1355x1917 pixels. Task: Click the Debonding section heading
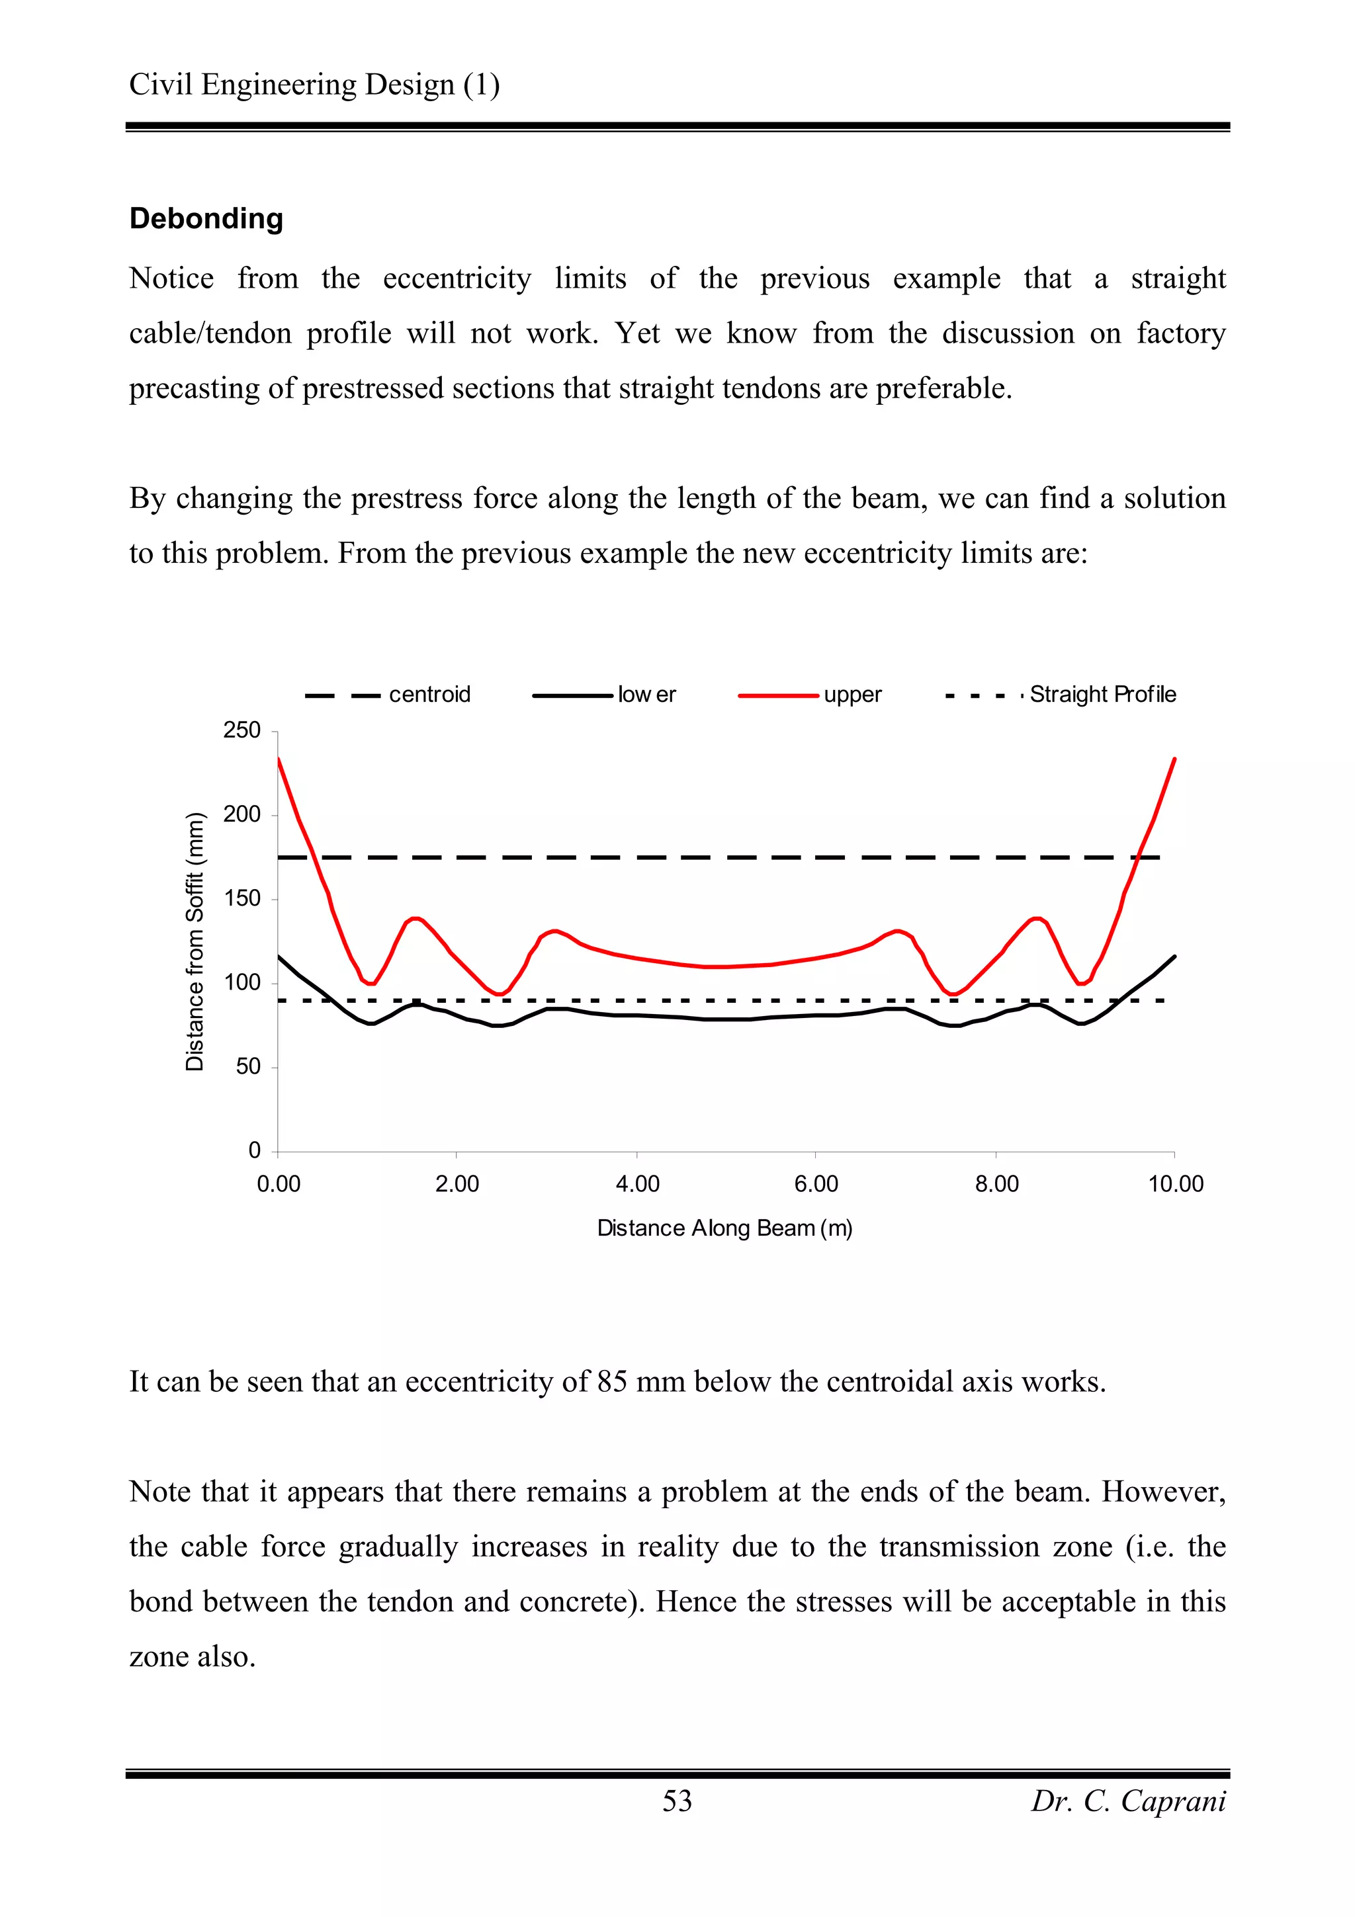pos(206,219)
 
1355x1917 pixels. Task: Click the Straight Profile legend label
pos(1102,695)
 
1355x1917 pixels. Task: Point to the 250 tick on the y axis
pos(242,730)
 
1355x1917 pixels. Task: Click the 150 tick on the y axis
pos(242,898)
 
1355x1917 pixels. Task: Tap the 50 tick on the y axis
pos(248,1067)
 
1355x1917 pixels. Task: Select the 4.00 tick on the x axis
pos(637,1184)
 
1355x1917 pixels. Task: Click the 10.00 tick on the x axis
pos(1176,1184)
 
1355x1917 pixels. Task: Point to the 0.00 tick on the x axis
pos(278,1184)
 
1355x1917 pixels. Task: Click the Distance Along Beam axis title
pos(724,1228)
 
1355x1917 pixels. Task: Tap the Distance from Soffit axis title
pos(195,941)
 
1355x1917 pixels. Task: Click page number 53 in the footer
pos(677,1801)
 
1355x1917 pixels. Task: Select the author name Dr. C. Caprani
pos(1128,1801)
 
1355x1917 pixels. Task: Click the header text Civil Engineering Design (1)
pos(314,84)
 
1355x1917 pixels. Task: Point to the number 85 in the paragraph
pos(612,1382)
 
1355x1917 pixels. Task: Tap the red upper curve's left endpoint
pos(279,759)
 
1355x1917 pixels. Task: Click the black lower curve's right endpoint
pos(1174,957)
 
